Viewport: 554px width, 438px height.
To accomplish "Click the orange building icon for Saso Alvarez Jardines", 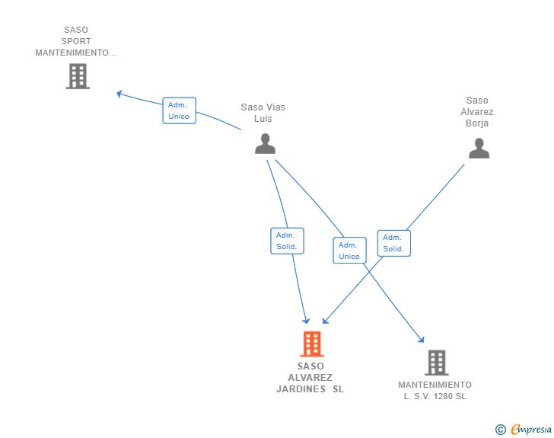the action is tap(312, 344).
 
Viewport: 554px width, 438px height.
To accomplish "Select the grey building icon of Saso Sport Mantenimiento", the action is tap(78, 76).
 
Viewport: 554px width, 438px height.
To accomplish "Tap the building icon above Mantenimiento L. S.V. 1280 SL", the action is tap(437, 363).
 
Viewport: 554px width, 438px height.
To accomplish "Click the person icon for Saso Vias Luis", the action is tap(265, 144).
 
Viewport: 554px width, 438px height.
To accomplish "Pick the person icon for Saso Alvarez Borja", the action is tap(479, 149).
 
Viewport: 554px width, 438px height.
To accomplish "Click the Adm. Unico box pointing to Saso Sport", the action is tap(179, 110).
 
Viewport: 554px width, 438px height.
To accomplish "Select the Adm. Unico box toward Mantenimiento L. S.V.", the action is tap(349, 250).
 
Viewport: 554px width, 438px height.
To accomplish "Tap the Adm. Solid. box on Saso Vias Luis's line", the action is tap(287, 241).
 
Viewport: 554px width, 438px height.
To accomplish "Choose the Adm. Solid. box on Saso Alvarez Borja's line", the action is tap(394, 243).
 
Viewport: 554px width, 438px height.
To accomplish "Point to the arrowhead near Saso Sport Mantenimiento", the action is tap(119, 94).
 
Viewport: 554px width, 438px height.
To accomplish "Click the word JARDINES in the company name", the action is tap(301, 389).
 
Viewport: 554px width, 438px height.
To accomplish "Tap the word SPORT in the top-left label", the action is tap(76, 41).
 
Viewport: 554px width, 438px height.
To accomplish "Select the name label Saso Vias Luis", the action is tap(263, 113).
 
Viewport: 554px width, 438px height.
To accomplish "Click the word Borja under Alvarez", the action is tap(477, 123).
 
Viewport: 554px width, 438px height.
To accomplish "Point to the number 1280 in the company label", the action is tap(443, 396).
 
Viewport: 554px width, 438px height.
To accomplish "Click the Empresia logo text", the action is tap(531, 429).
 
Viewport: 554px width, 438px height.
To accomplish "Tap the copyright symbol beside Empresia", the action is tap(501, 430).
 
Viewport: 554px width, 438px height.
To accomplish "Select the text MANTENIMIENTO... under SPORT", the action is tap(75, 53).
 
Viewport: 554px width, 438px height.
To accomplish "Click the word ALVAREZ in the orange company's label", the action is tap(310, 378).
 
